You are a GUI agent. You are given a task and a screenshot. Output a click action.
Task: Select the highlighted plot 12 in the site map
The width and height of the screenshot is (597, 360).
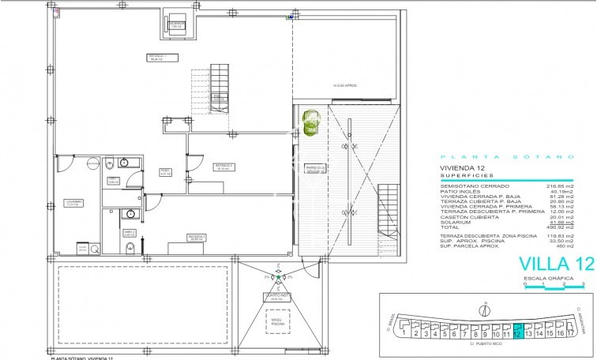pyautogui.click(x=518, y=332)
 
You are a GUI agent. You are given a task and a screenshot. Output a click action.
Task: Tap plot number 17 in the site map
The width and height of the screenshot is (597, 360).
pyautogui.click(x=569, y=333)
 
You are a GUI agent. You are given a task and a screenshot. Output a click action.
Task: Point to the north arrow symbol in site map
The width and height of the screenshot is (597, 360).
pyautogui.click(x=487, y=306)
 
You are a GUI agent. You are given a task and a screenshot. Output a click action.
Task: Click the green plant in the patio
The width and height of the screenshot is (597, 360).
pyautogui.click(x=311, y=121)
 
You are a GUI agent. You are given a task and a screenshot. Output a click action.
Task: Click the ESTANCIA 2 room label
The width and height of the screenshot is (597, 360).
pyautogui.click(x=222, y=167)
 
